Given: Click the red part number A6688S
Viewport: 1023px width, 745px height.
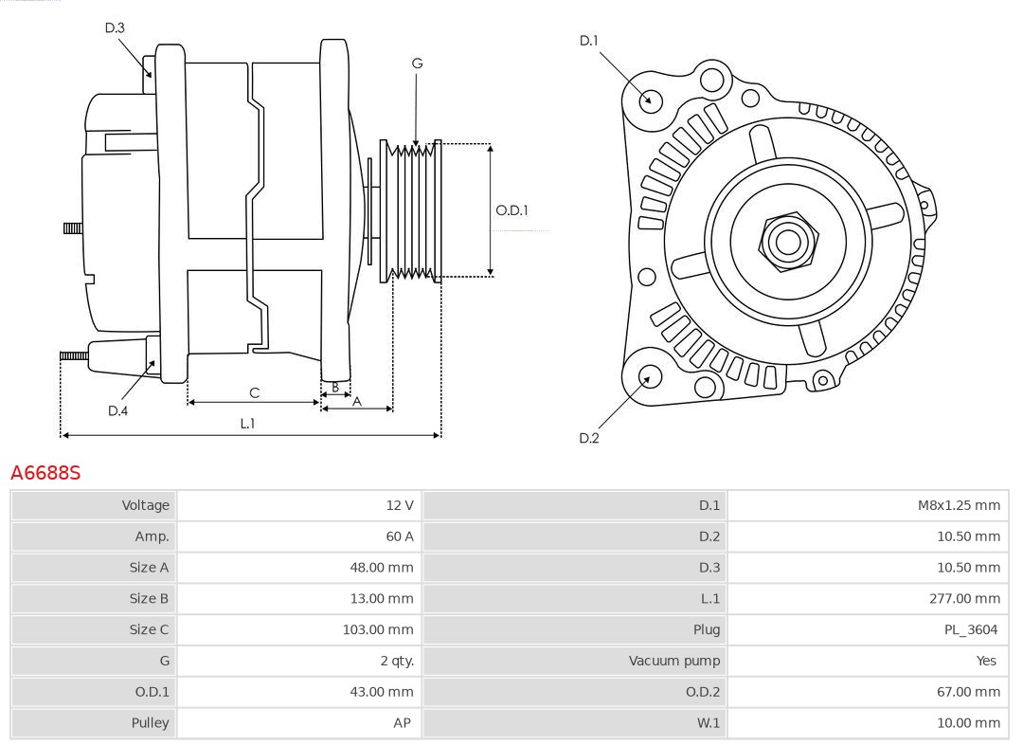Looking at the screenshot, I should click(x=45, y=472).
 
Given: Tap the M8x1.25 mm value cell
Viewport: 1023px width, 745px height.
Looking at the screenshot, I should click(x=959, y=505).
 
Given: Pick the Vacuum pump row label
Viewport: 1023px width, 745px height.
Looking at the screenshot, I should click(x=674, y=661).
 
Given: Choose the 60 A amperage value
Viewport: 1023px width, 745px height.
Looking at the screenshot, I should click(x=399, y=536).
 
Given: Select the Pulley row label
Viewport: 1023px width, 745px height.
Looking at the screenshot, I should click(x=150, y=722).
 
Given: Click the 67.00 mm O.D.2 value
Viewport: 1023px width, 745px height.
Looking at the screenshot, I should click(x=969, y=692).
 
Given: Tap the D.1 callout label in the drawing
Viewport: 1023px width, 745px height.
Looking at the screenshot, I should click(x=589, y=41).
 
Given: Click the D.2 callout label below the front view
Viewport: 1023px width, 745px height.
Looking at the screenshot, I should click(x=589, y=438).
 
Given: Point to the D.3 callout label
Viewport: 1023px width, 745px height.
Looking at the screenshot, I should click(x=115, y=27).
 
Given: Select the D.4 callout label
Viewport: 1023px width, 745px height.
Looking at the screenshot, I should click(x=117, y=410).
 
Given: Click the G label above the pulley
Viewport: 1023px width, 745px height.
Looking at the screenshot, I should click(x=417, y=64).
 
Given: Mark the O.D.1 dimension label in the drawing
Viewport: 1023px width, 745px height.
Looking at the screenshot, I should click(x=512, y=210).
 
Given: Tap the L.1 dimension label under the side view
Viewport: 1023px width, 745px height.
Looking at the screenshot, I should click(x=247, y=424).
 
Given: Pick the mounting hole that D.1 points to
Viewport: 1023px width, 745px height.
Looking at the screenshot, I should click(x=651, y=100).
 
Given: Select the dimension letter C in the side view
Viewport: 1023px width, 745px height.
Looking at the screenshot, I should click(x=254, y=392).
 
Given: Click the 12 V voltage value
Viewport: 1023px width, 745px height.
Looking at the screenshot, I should click(x=400, y=505).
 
